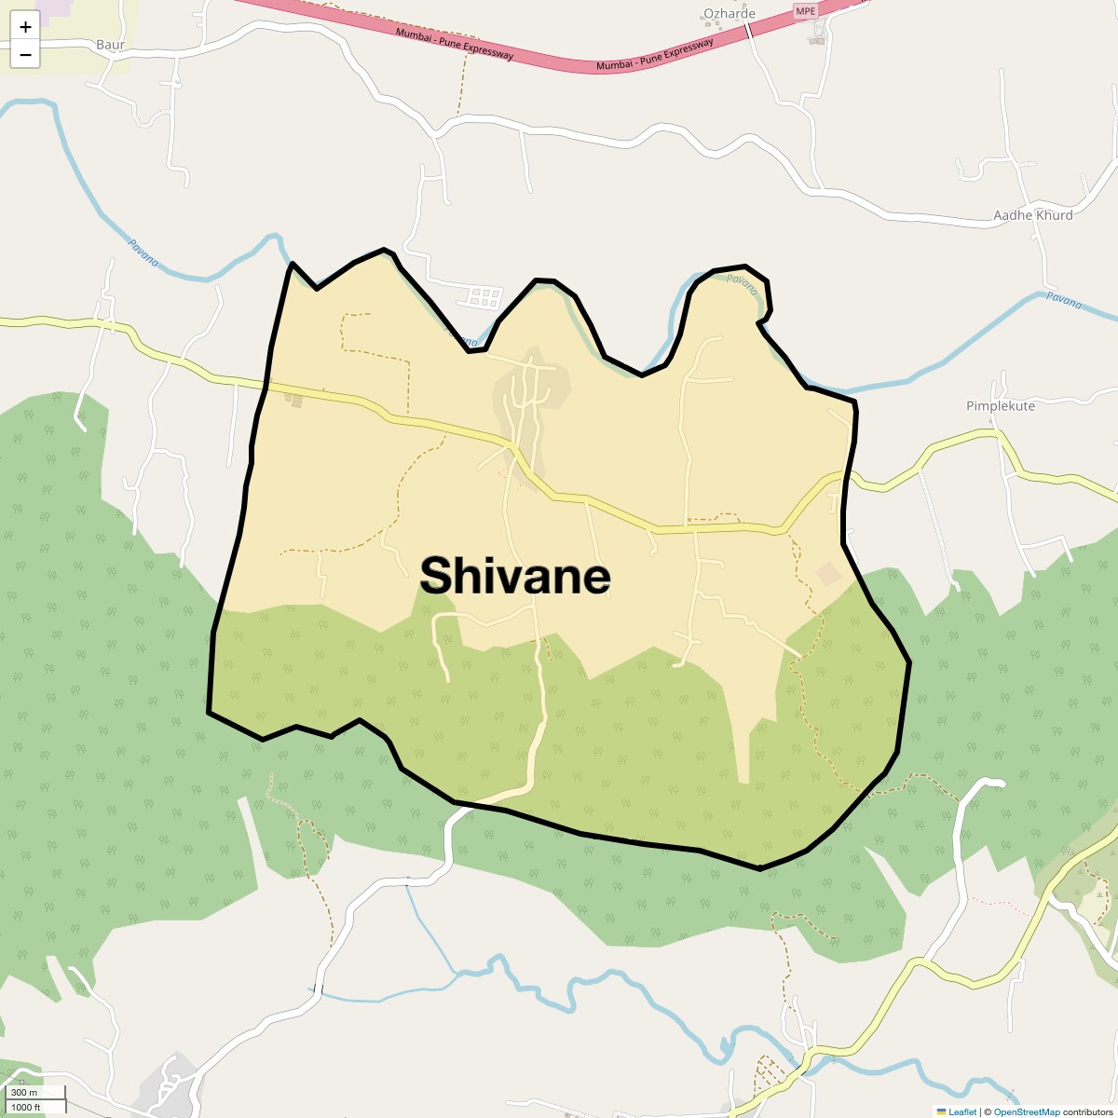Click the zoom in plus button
click(x=25, y=27)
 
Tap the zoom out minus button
click(x=25, y=55)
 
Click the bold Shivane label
click(x=515, y=576)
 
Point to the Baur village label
click(x=110, y=44)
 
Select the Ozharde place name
click(x=729, y=13)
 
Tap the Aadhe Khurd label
click(x=1033, y=214)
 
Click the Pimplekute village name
click(x=1001, y=405)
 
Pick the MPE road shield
click(x=804, y=11)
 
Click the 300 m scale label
click(x=24, y=1093)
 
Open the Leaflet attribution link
click(x=962, y=1111)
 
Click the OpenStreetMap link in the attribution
click(x=1027, y=1111)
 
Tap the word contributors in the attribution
click(x=1088, y=1111)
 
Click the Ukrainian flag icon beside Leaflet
click(x=941, y=1111)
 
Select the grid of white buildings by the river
click(x=484, y=297)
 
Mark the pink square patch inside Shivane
click(x=828, y=573)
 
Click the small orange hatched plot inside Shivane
click(x=293, y=400)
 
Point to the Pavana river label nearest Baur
click(x=143, y=253)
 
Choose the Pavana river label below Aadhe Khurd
click(x=1063, y=300)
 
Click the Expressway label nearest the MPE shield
click(x=655, y=55)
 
